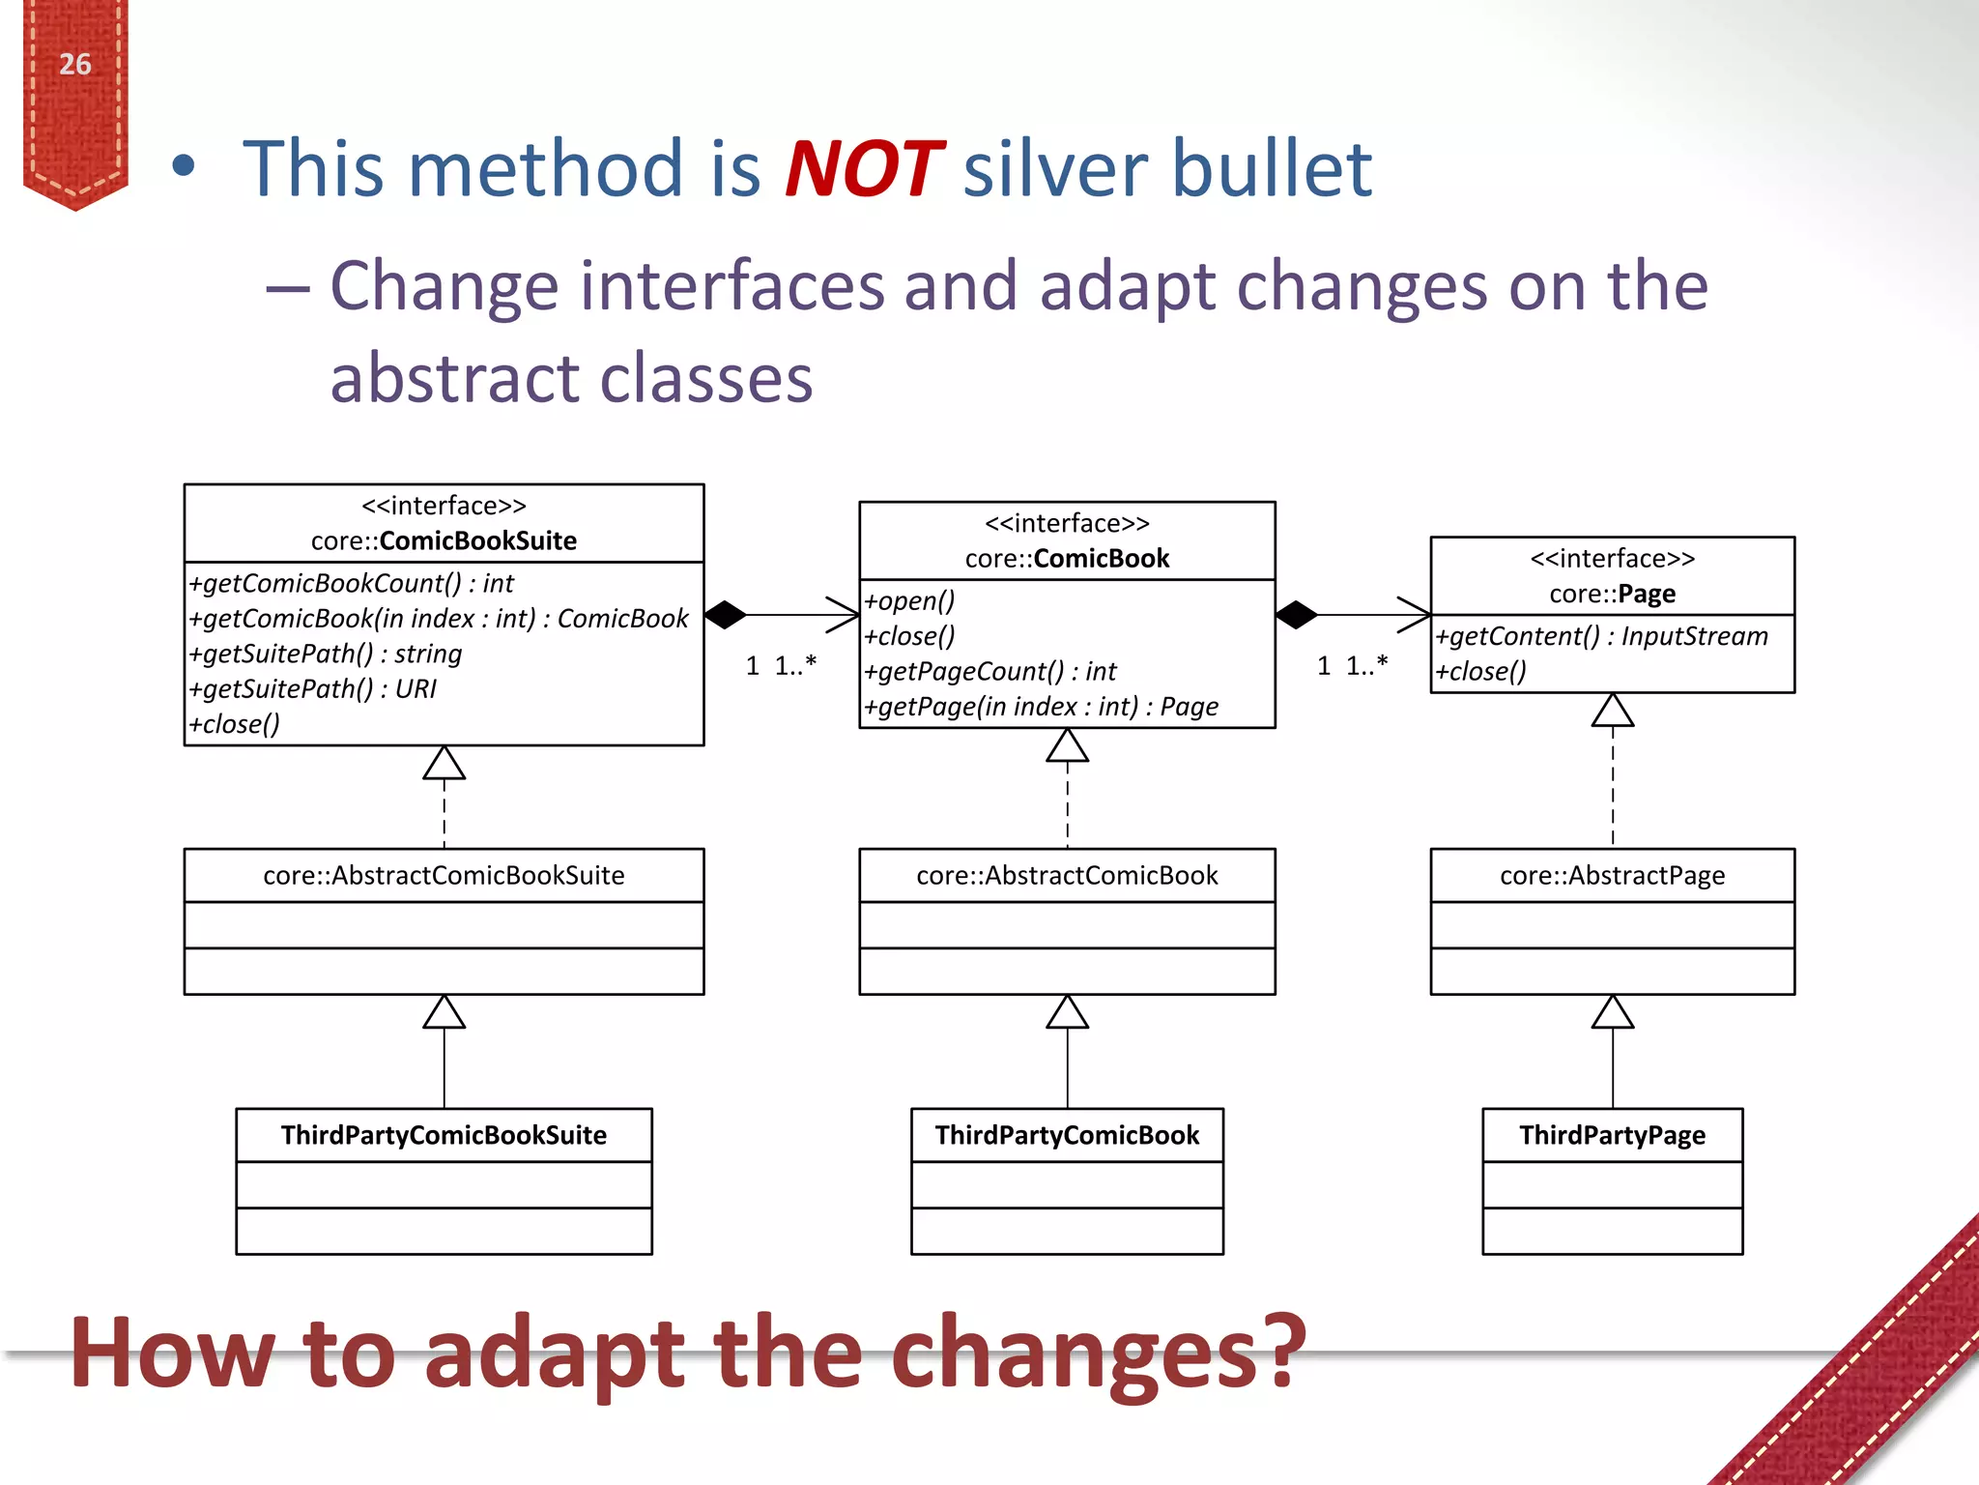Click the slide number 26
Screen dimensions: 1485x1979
click(74, 65)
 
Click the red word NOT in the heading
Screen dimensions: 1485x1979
click(863, 169)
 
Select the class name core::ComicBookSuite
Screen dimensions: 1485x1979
click(444, 540)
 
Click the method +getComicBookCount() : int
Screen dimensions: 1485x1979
click(352, 583)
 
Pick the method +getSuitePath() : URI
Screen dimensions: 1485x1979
click(313, 688)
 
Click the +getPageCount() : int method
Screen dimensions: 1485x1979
click(989, 671)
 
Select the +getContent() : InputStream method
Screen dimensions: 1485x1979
click(1601, 636)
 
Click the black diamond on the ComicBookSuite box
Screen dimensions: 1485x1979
click(726, 615)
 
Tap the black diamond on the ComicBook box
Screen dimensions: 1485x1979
click(1296, 615)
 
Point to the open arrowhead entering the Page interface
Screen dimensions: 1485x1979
click(1416, 615)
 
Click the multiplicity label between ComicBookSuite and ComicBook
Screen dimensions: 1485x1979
click(781, 665)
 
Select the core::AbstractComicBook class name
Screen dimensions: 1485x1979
click(1067, 876)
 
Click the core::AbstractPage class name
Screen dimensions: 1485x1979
click(1612, 876)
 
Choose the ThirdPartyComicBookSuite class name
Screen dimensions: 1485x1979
click(444, 1135)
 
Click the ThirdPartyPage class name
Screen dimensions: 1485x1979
click(1612, 1135)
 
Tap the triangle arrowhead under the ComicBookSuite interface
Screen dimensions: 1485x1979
click(444, 764)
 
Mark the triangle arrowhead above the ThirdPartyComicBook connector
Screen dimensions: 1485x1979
click(1067, 1013)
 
